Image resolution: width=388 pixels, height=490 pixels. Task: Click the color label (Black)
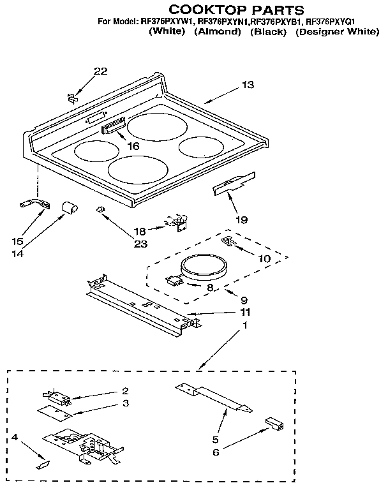[269, 31]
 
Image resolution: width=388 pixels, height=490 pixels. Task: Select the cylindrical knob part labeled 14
[68, 207]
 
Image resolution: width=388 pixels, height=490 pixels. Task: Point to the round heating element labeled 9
[202, 267]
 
